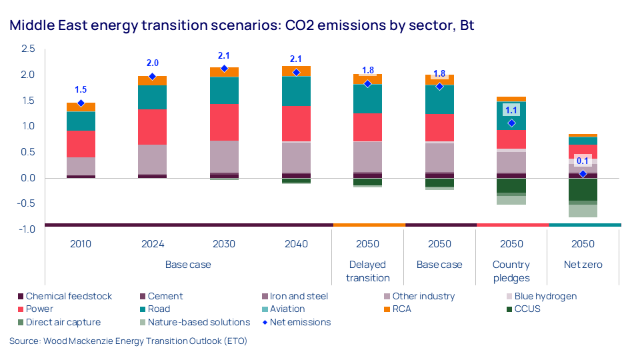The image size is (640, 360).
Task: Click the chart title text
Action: pos(241,26)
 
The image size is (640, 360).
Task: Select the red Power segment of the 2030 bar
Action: pos(224,122)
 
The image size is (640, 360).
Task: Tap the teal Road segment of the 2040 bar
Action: pos(296,91)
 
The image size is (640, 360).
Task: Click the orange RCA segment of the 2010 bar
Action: pos(81,107)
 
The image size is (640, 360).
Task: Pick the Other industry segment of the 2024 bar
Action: pos(152,159)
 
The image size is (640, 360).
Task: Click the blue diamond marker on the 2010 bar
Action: pos(81,103)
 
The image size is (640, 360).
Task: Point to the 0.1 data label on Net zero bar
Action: pos(583,161)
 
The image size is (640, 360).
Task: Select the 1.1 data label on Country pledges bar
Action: pos(511,111)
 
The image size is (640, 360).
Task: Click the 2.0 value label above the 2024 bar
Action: pos(152,63)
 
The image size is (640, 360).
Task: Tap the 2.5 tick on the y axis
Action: pos(28,49)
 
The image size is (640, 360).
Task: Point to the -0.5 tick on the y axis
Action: pos(27,204)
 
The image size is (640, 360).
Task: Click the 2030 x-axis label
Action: pos(224,244)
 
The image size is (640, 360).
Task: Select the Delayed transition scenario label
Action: pos(367,271)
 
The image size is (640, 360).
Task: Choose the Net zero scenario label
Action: pos(583,265)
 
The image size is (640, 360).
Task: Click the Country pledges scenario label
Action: pos(511,271)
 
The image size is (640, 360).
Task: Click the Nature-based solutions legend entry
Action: pos(198,322)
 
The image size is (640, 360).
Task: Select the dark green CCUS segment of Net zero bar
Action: pos(583,189)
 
